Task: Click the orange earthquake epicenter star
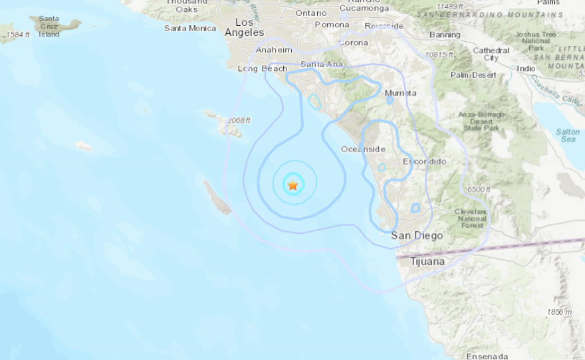pyautogui.click(x=292, y=185)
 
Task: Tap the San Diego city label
pyautogui.click(x=417, y=235)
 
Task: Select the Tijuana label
pyautogui.click(x=427, y=261)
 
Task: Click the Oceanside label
pyautogui.click(x=363, y=149)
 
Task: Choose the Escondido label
pyautogui.click(x=425, y=161)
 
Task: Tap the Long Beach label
pyautogui.click(x=263, y=68)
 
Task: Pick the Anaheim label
pyautogui.click(x=275, y=50)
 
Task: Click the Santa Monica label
pyautogui.click(x=190, y=28)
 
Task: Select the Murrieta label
pyautogui.click(x=401, y=93)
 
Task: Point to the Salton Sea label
pyautogui.click(x=568, y=135)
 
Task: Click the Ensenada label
pyautogui.click(x=487, y=356)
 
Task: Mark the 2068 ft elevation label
pyautogui.click(x=238, y=120)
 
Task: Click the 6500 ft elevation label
pyautogui.click(x=478, y=190)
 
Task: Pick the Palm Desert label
pyautogui.click(x=473, y=75)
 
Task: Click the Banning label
pyautogui.click(x=445, y=35)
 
